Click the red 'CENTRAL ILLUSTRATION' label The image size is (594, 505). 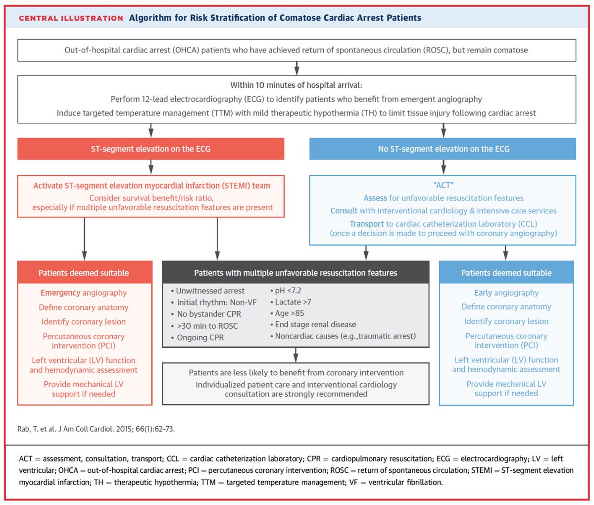tap(71, 18)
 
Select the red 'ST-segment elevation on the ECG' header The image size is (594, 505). tap(150, 149)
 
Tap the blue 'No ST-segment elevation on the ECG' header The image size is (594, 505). tap(443, 149)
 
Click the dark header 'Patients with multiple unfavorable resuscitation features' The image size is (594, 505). tap(296, 273)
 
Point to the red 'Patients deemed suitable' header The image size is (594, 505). tap(84, 273)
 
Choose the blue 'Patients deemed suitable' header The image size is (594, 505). tap(506, 273)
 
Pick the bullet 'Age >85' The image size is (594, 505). tap(289, 313)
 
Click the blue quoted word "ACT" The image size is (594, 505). tap(443, 186)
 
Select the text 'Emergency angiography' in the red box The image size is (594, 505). tap(84, 293)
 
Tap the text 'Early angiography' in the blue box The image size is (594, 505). tap(506, 293)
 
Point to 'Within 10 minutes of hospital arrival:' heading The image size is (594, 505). tap(296, 85)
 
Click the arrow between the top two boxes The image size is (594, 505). tap(296, 68)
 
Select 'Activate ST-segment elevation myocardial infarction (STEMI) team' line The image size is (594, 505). tap(151, 186)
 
